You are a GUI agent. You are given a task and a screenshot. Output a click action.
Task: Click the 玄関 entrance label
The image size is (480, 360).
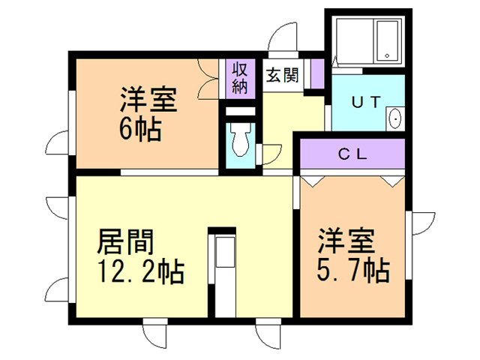tap(282, 75)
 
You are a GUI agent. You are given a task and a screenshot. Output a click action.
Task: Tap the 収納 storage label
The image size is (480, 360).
tap(238, 76)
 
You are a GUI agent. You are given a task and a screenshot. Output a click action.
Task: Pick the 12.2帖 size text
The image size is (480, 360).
tap(140, 271)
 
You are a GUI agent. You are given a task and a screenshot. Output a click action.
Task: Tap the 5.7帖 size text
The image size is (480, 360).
tap(352, 270)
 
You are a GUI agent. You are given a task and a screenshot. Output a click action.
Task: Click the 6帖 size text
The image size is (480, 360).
tap(139, 129)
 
